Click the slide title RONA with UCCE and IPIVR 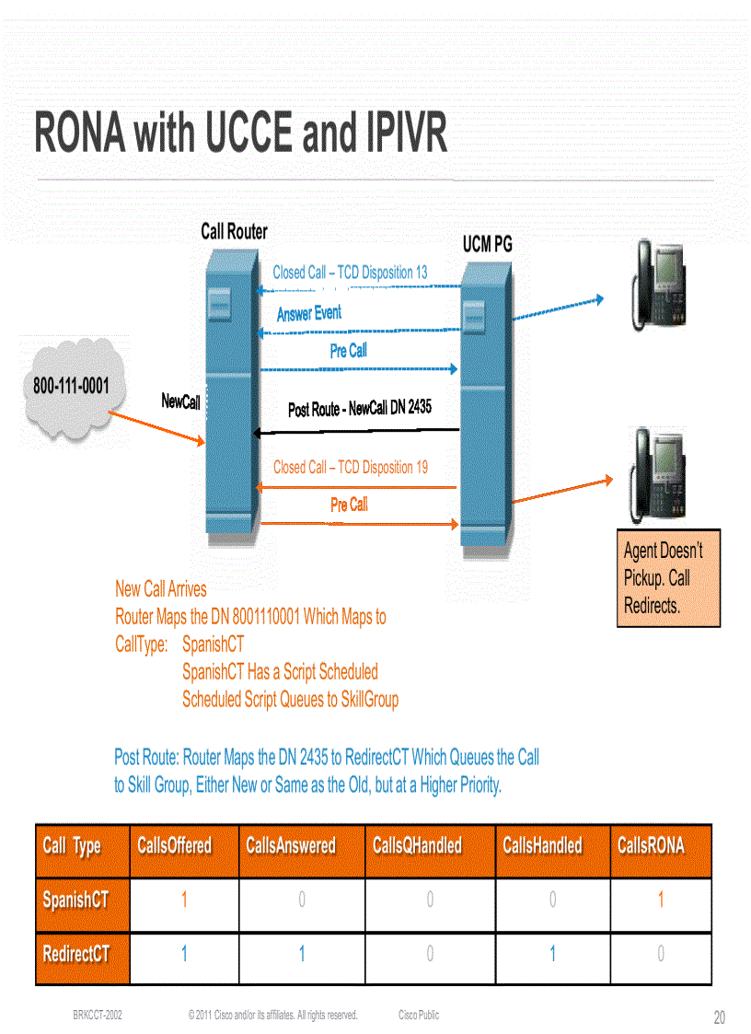click(241, 133)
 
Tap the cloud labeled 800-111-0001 click(71, 388)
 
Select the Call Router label click(234, 232)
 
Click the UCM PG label click(487, 244)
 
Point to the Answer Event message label click(309, 314)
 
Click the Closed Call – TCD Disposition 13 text click(350, 273)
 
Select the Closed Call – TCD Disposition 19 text click(350, 467)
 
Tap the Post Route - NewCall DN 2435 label click(359, 408)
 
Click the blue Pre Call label click(348, 351)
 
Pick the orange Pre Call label click(349, 505)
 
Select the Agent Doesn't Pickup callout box click(668, 578)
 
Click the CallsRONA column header click(651, 845)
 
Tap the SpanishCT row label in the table click(75, 900)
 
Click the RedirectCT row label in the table click(76, 954)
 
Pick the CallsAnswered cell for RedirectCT click(302, 955)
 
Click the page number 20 click(719, 1017)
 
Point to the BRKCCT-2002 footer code click(98, 1016)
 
